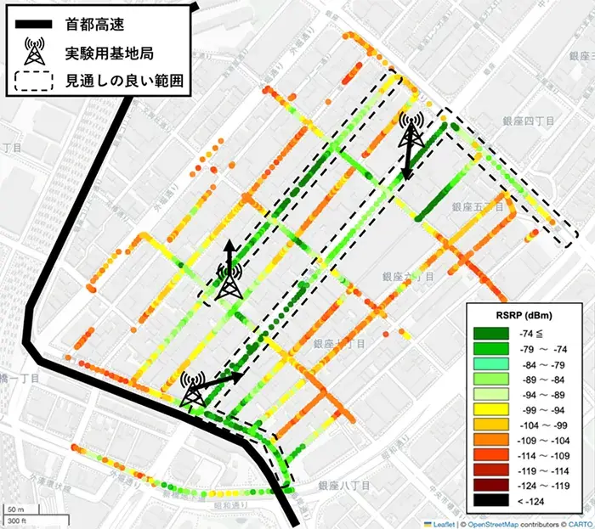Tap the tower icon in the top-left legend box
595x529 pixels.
pyautogui.click(x=35, y=52)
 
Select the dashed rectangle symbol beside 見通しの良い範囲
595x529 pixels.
pyautogui.click(x=35, y=82)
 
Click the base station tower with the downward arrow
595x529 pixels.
pyautogui.click(x=412, y=133)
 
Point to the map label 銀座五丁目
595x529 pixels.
pyautogui.click(x=479, y=206)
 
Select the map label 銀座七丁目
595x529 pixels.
pyautogui.click(x=339, y=344)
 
